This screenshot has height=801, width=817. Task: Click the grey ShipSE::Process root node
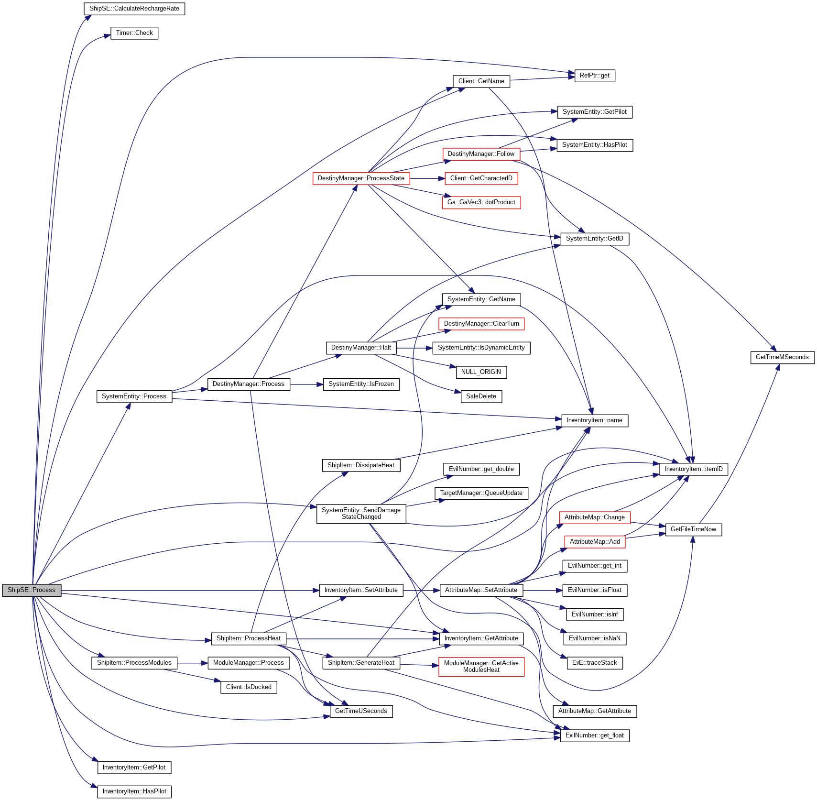tap(32, 590)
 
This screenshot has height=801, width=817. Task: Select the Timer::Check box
tap(134, 33)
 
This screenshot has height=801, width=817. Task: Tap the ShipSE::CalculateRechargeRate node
tap(134, 9)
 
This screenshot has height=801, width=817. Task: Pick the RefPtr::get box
tap(594, 76)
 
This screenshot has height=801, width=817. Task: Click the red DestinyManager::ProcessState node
tap(361, 178)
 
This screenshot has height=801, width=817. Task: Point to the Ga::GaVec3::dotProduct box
tap(481, 202)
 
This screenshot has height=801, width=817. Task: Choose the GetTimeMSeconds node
tap(782, 357)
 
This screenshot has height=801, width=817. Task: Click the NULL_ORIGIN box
tap(481, 372)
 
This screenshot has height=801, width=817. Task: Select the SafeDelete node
tap(481, 396)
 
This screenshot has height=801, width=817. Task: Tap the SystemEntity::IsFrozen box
tap(361, 384)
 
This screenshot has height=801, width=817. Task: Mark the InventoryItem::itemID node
tap(693, 469)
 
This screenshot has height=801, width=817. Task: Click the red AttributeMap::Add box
tap(594, 542)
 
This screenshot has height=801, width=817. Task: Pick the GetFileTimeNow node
tap(693, 529)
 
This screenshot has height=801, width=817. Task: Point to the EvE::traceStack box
tap(594, 663)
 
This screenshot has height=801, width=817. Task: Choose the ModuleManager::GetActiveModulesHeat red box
tap(481, 667)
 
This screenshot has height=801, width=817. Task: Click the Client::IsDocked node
tap(249, 687)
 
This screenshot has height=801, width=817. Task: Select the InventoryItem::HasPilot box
tap(134, 791)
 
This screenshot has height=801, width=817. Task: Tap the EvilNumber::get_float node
tap(594, 735)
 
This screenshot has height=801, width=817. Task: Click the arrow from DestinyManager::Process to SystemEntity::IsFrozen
tap(306, 384)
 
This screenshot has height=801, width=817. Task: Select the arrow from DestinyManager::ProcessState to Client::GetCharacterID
tap(427, 178)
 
